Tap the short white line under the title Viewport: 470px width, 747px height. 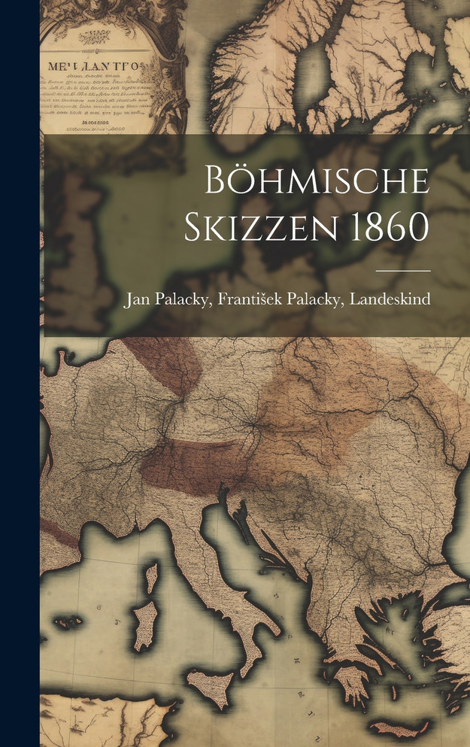403,269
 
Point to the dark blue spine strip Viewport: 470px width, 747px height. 20,373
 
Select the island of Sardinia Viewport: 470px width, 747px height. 144,624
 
